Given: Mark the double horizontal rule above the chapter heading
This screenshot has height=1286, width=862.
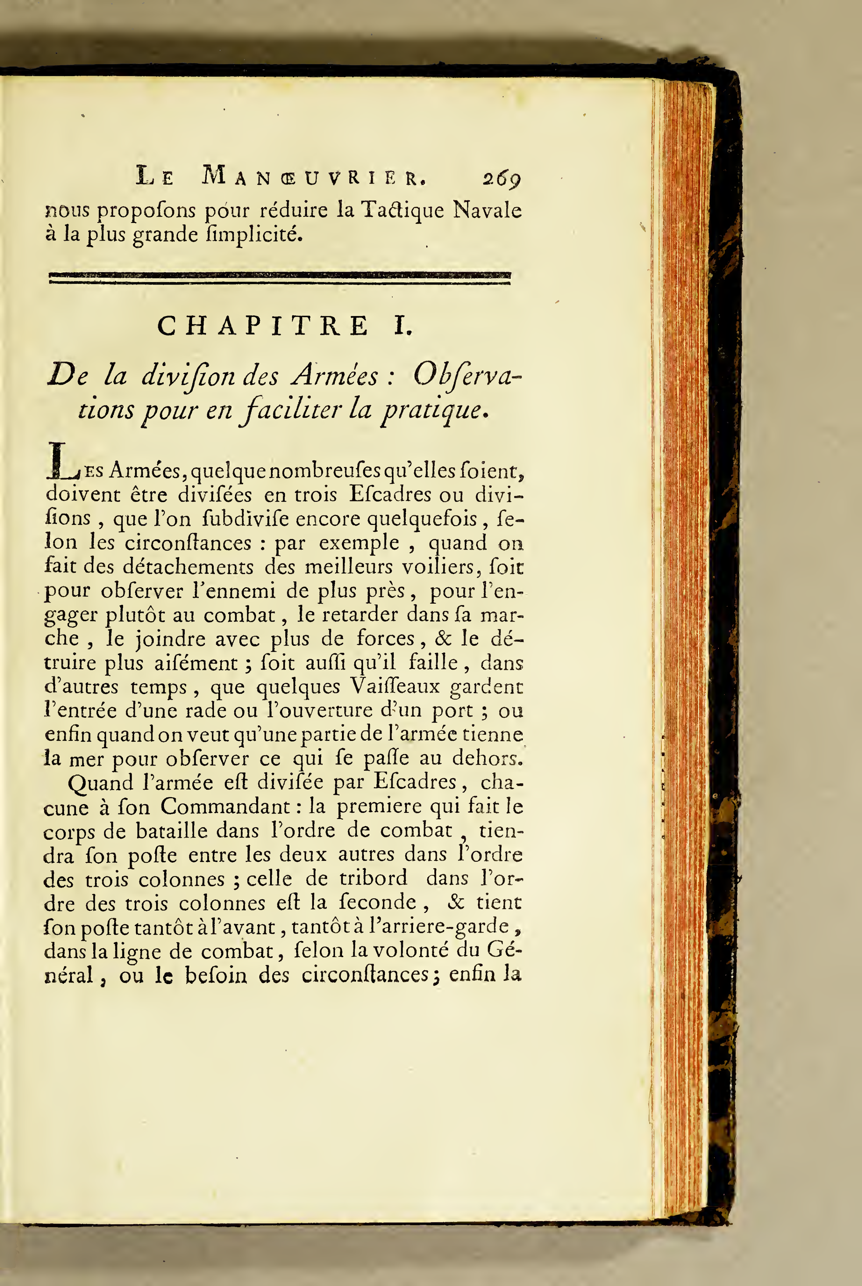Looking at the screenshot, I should (x=280, y=278).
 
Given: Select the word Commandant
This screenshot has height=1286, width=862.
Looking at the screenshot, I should (x=225, y=806).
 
